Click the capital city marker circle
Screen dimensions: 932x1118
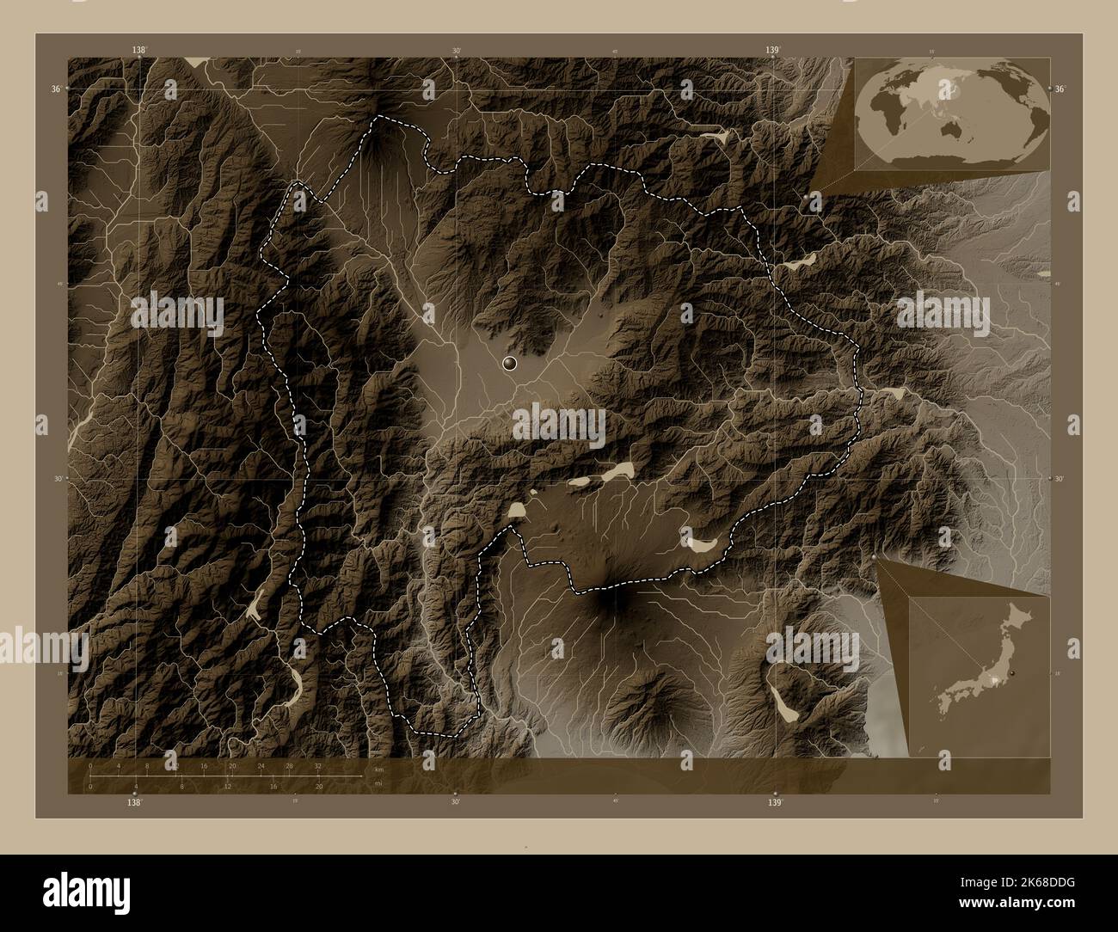[x=511, y=365]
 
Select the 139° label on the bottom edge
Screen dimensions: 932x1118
[x=775, y=802]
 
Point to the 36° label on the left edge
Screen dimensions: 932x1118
[x=55, y=89]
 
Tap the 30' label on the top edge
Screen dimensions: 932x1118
[x=456, y=52]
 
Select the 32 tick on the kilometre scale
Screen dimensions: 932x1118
[x=317, y=764]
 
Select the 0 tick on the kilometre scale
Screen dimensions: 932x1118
[x=89, y=764]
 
